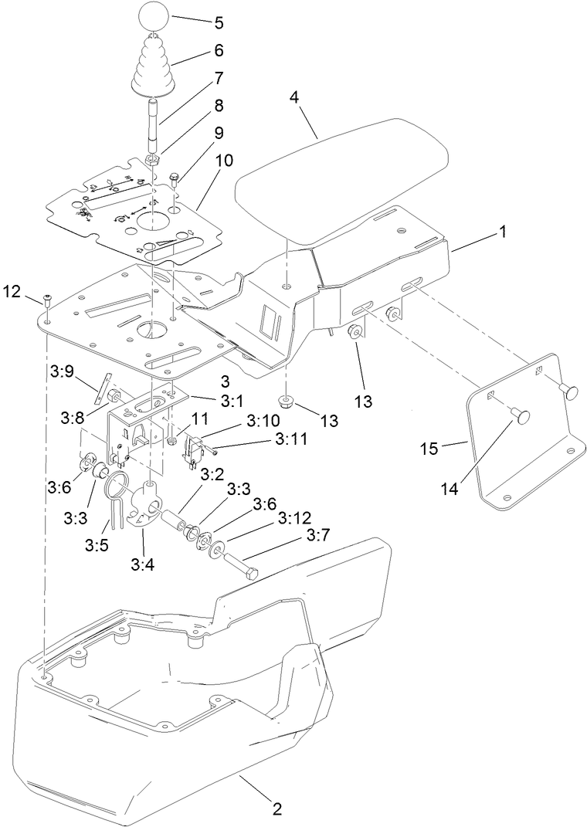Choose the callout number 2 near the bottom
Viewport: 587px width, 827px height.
pos(276,809)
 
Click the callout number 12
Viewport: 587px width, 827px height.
pos(13,291)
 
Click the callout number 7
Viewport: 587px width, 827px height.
pos(219,78)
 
